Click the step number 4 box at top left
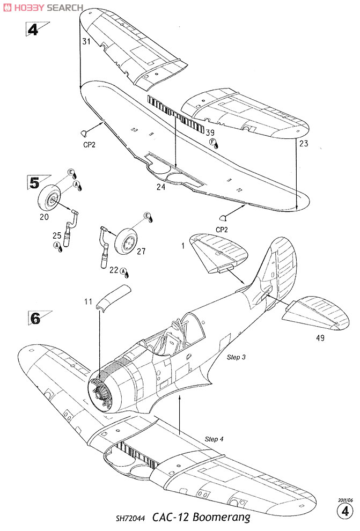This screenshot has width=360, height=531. (33, 29)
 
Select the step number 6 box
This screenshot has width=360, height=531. (35, 318)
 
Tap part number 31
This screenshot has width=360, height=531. (87, 41)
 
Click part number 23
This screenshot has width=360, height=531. (304, 144)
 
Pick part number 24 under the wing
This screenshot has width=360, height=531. (161, 187)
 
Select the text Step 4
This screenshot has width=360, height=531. (214, 439)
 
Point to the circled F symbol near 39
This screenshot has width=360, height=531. (212, 142)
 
